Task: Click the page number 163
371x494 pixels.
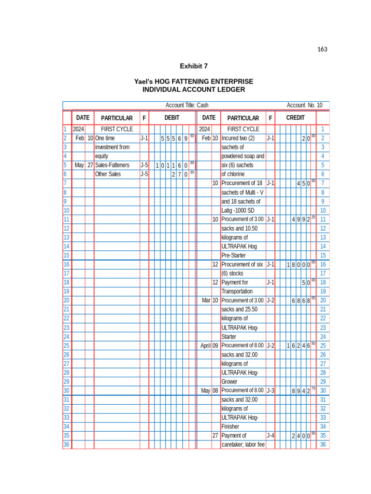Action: [322, 49]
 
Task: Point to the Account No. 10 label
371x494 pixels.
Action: [304, 105]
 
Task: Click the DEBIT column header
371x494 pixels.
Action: [171, 118]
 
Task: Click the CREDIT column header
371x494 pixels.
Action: [295, 118]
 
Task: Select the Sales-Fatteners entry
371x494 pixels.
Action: [112, 165]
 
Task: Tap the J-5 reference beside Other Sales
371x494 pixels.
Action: [144, 174]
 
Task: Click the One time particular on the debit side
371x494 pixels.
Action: [105, 138]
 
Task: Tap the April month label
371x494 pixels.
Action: [206, 345]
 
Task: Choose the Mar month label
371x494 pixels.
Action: [206, 300]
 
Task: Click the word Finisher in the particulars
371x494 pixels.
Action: [230, 426]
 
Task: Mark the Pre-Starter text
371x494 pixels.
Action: [233, 255]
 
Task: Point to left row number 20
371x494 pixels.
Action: [67, 300]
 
